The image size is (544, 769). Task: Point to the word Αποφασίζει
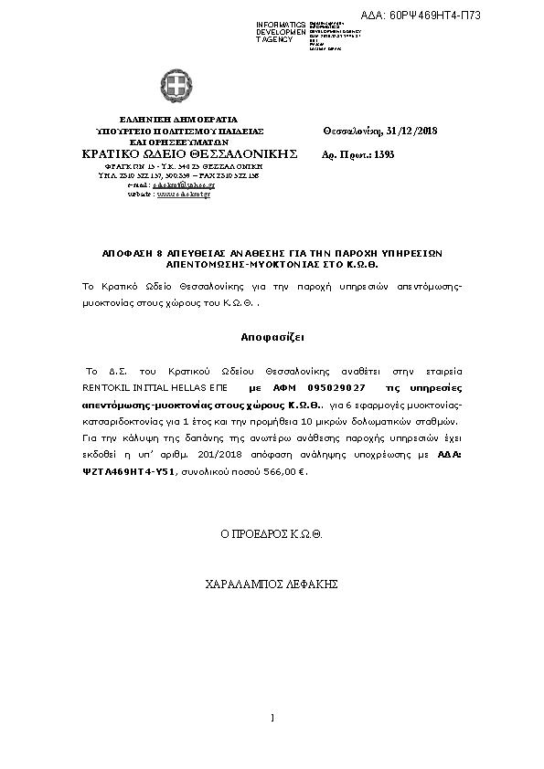pos(272,336)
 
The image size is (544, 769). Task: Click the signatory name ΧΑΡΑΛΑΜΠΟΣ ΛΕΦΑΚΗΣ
pos(272,582)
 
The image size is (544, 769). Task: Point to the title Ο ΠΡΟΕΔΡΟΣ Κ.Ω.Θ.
pos(272,532)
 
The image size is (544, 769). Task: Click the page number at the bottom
pos(272,718)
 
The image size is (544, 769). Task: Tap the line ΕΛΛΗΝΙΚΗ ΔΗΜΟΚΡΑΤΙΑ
pos(178,120)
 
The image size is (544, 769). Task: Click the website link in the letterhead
pos(184,195)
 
